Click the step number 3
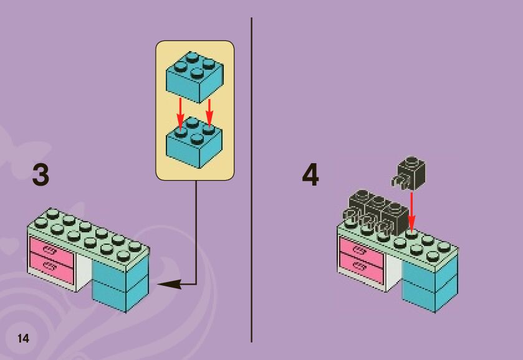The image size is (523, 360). click(41, 175)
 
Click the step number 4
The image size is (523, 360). click(310, 175)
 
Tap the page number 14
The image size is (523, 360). click(23, 338)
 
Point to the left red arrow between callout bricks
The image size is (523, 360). click(180, 112)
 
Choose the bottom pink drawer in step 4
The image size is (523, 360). click(361, 269)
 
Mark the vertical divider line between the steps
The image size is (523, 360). click(251, 181)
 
